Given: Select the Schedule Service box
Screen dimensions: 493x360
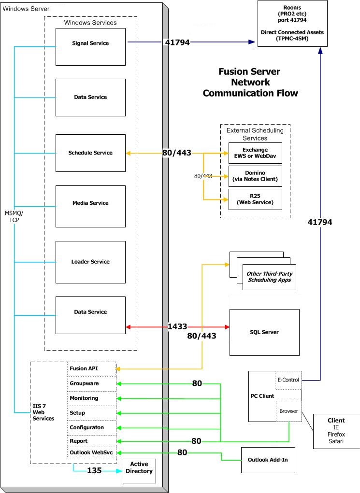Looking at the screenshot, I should pyautogui.click(x=90, y=153).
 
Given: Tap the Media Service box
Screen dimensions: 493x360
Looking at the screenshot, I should pyautogui.click(x=90, y=203).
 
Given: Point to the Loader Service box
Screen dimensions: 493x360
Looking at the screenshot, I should pyautogui.click(x=90, y=262).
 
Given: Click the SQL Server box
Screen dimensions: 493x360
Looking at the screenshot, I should pyautogui.click(x=264, y=332).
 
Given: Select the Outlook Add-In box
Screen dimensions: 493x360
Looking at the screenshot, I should pyautogui.click(x=268, y=460).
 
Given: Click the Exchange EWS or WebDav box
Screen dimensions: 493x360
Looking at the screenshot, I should pyautogui.click(x=255, y=153).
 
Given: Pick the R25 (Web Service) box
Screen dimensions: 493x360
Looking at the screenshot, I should pyautogui.click(x=255, y=199).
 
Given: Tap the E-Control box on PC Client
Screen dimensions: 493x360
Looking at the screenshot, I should pyautogui.click(x=288, y=380).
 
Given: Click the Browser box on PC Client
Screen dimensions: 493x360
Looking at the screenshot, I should pyautogui.click(x=288, y=411).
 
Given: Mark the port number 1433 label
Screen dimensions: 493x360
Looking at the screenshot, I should pyautogui.click(x=177, y=327).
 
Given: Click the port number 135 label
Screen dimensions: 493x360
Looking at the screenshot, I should pyautogui.click(x=94, y=470).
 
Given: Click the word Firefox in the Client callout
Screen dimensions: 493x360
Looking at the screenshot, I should pyautogui.click(x=336, y=435).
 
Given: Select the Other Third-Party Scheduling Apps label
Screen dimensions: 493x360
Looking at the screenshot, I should pyautogui.click(x=269, y=277).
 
